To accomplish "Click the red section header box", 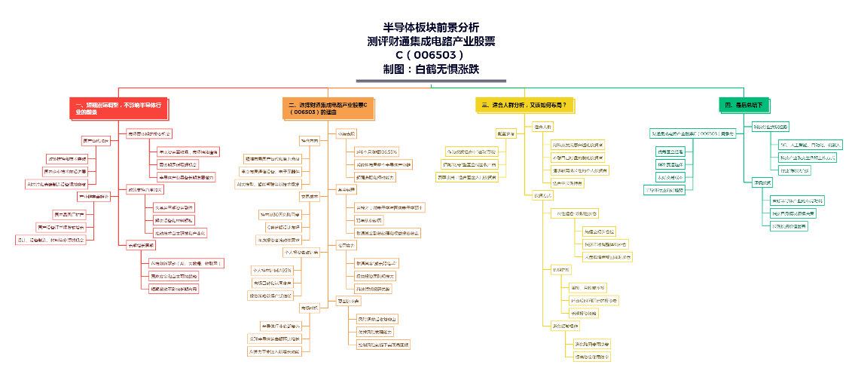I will [119, 108].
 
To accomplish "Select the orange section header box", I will [328, 108].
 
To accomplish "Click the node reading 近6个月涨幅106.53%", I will [376, 152].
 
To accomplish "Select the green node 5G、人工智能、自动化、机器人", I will [810, 144].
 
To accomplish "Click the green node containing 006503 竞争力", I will [692, 133].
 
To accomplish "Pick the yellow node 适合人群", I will [542, 126].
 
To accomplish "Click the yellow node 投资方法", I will [542, 195].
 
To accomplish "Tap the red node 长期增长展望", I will [141, 245].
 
